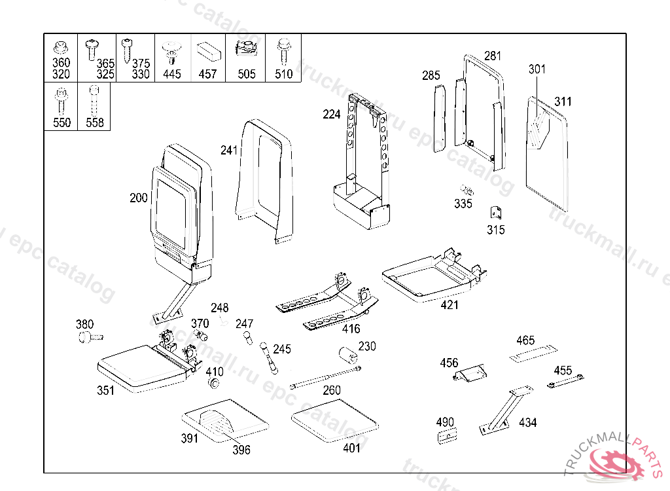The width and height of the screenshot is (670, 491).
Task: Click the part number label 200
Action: [139, 198]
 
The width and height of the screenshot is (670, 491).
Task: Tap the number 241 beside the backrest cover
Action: [229, 151]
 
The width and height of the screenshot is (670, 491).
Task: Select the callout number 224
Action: [332, 115]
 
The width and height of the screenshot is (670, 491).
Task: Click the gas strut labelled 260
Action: [325, 378]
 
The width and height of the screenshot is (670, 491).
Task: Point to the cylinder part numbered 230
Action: [347, 356]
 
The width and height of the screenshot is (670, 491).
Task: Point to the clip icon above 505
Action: [247, 48]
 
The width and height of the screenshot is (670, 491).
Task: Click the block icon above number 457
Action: [208, 50]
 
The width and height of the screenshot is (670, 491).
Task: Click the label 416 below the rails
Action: [351, 329]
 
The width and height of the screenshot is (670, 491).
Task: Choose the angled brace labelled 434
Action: [504, 409]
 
